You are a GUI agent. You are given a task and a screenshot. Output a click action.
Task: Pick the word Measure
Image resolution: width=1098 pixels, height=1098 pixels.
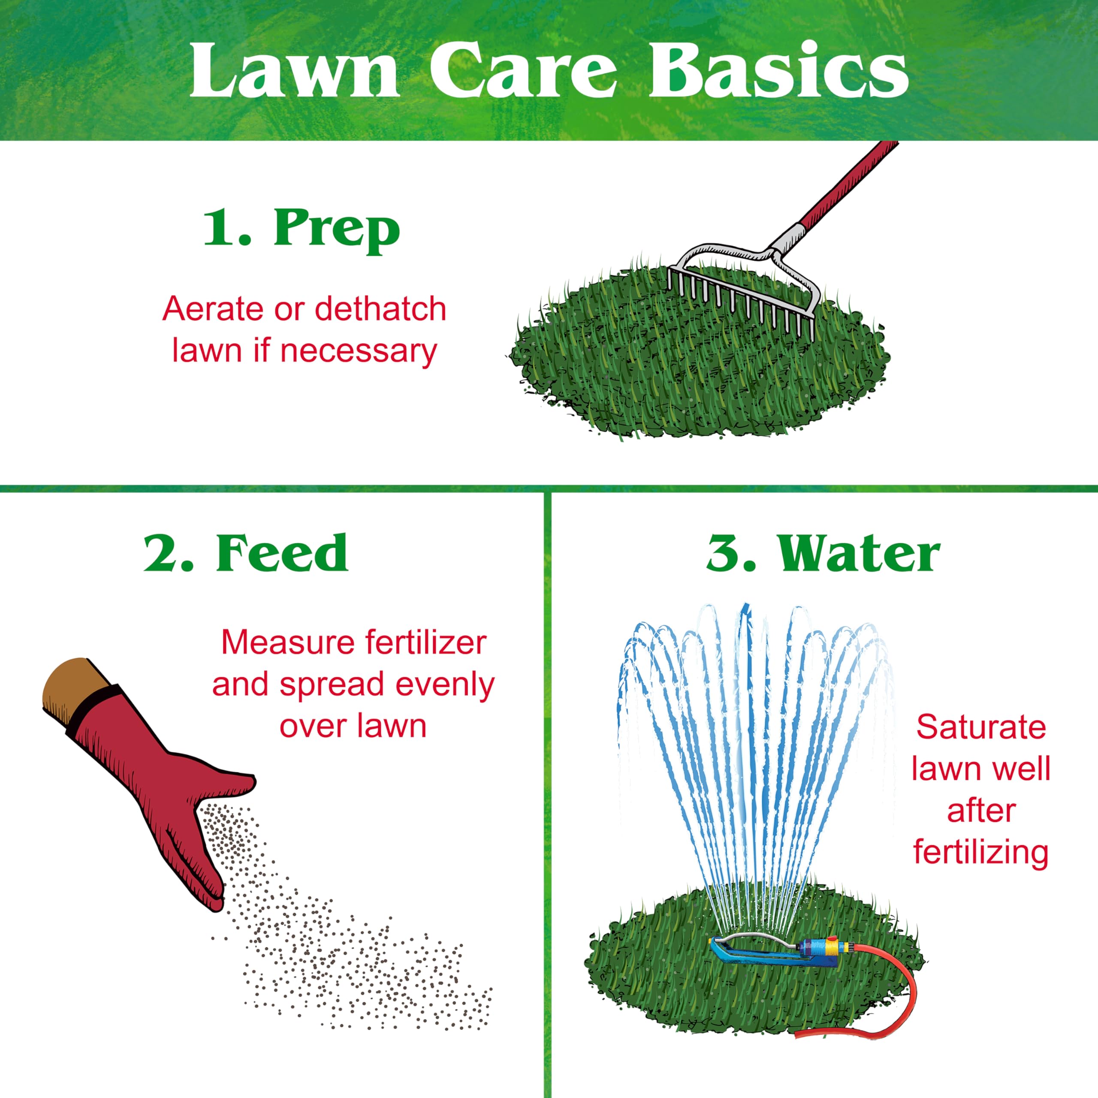tap(289, 643)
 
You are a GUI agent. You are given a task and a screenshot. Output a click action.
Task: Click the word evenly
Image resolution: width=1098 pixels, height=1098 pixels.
tap(446, 685)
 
